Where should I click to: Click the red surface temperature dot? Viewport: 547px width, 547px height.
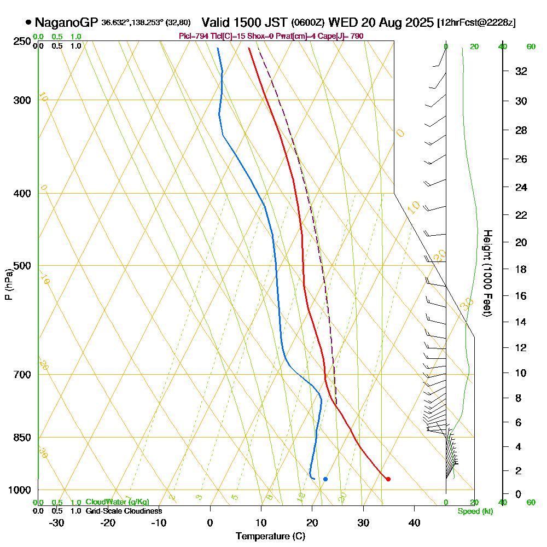pos(388,479)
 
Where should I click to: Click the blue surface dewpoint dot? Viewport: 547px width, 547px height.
pos(325,479)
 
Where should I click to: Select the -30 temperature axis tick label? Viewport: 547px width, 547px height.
pos(57,523)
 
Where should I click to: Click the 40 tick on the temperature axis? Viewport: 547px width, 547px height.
pos(414,523)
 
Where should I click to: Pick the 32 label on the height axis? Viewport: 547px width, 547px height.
pos(521,71)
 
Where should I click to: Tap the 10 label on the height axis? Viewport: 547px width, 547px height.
pos(521,373)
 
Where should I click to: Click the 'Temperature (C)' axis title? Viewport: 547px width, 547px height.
pos(270,537)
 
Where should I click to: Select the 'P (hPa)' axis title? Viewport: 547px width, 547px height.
pos(8,284)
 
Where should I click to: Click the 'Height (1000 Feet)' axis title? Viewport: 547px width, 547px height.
pos(486,273)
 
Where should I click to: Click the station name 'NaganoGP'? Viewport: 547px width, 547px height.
pos(66,23)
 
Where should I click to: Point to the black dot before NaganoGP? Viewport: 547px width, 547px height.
pos(28,23)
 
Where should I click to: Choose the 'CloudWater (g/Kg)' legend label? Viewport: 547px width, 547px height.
pos(117,502)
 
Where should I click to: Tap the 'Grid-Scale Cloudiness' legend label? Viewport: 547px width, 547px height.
pos(124,511)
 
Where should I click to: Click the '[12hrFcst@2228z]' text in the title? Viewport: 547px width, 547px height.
pos(476,23)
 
